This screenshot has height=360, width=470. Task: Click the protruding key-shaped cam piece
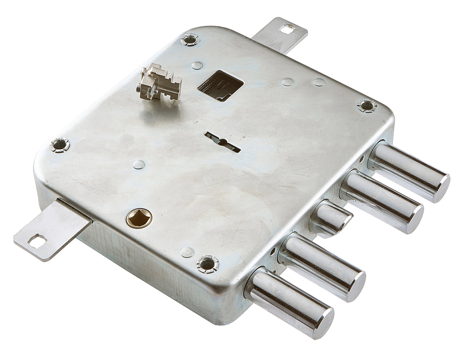click(x=155, y=83)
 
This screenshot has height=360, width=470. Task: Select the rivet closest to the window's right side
click(x=287, y=81)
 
